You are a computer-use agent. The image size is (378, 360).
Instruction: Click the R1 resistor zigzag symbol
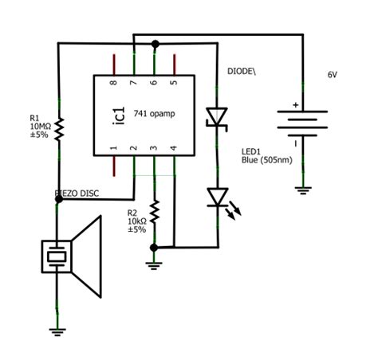coord(58,128)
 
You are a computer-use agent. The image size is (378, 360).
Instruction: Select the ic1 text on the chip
coord(112,114)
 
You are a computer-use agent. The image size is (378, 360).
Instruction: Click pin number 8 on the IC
coord(113,82)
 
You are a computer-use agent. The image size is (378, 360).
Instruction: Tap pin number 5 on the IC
coord(175,82)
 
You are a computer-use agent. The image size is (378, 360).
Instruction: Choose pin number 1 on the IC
coord(113,148)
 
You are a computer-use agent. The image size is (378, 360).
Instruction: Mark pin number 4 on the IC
coord(175,148)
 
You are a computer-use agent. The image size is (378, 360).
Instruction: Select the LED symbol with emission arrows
coord(218,197)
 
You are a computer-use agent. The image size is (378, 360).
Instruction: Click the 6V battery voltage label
coord(333,74)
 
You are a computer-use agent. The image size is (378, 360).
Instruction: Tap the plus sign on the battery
coord(294,104)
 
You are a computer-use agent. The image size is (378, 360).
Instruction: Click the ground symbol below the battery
coord(302,189)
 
